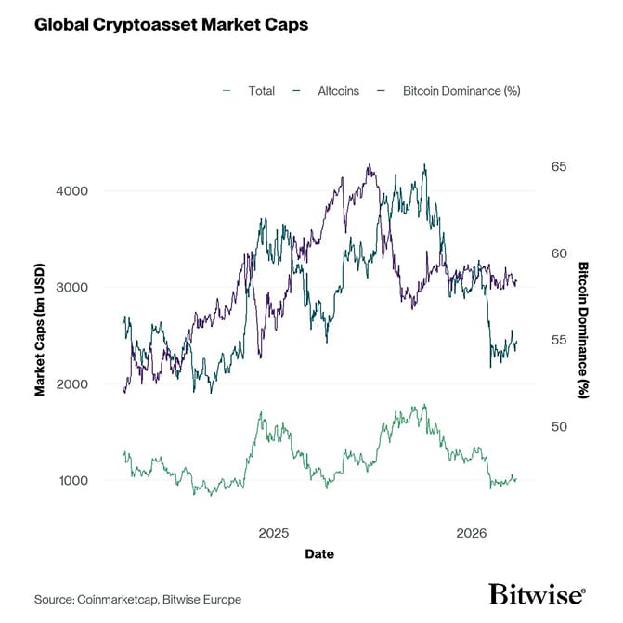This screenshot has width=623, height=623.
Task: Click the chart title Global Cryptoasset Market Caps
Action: click(171, 25)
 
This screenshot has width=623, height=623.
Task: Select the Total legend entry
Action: click(261, 91)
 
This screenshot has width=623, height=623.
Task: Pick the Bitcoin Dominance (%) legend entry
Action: click(461, 91)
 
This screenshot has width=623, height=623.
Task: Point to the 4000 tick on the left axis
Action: click(73, 191)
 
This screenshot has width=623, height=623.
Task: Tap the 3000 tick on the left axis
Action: click(73, 288)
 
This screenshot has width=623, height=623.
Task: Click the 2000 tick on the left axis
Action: click(73, 384)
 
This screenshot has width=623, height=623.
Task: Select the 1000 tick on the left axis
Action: click(73, 481)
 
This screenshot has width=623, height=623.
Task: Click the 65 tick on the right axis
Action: click(558, 166)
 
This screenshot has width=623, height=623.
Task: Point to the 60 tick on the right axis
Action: click(558, 253)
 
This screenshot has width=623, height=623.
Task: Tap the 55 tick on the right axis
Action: click(558, 340)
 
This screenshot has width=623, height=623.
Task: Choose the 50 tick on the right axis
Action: click(558, 427)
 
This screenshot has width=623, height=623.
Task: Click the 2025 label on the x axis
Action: click(274, 534)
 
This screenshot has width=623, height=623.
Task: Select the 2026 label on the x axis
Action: click(473, 534)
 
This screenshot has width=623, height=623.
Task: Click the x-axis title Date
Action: click(318, 554)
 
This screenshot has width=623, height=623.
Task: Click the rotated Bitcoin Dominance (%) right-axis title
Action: click(584, 330)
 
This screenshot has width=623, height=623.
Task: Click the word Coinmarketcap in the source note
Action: click(120, 600)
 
